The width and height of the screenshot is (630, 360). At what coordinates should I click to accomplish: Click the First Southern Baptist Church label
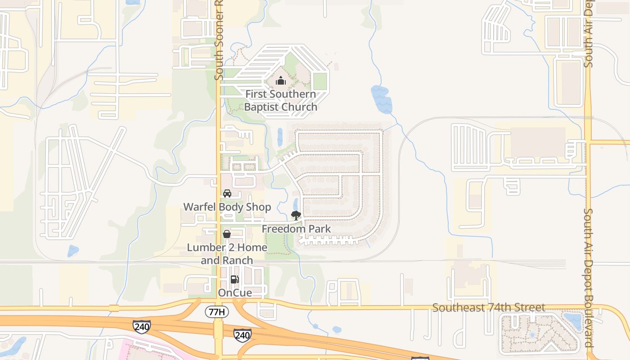pos(280,100)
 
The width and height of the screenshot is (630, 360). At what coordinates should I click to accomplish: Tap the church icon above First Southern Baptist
pos(281,81)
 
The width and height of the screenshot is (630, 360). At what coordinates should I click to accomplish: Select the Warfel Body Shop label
pos(227,207)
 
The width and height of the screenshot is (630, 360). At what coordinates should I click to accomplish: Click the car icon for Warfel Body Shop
pos(227,193)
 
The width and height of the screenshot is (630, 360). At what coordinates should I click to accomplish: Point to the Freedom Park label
pos(296,229)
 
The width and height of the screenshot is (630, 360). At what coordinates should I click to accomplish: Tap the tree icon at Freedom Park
pos(296,216)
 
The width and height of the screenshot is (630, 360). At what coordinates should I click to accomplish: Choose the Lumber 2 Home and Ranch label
pos(227,254)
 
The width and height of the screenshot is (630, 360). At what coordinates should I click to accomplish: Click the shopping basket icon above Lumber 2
pos(227,234)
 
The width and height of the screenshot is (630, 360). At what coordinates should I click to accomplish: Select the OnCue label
pos(235,293)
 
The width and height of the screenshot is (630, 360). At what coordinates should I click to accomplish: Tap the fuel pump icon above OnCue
pos(234,279)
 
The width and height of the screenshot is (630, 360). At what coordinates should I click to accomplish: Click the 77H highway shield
pos(217,311)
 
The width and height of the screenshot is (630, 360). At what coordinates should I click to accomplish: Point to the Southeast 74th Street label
pos(489,308)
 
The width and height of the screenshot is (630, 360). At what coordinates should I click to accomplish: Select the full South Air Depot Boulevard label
pos(589,279)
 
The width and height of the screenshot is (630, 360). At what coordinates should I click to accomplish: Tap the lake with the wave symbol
pos(381,99)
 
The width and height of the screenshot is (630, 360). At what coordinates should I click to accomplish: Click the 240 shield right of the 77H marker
pos(242,335)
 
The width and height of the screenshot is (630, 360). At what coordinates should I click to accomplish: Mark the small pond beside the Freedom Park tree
pos(296,204)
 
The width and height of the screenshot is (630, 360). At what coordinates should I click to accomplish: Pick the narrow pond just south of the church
pos(280,137)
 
